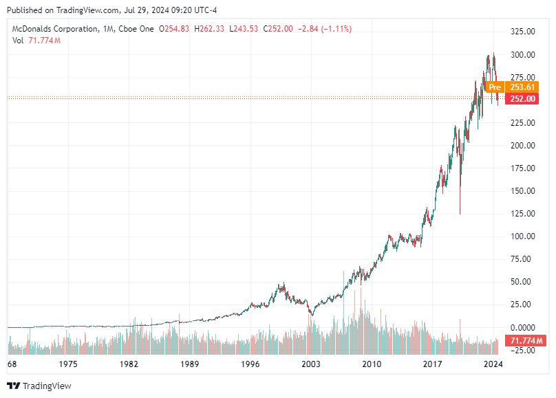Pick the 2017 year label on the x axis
tap(432, 364)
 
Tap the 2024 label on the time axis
tap(493, 364)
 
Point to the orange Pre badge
tap(494, 87)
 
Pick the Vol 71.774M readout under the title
tap(36, 41)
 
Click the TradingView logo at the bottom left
tap(39, 386)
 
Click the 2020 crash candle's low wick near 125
tap(460, 212)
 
